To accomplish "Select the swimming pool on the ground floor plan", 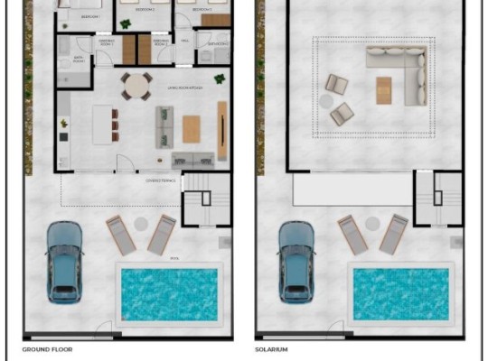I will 168,293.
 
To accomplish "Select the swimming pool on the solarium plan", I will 400,293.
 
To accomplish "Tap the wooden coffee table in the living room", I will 192,128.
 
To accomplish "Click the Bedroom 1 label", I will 89,17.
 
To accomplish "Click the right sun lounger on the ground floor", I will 162,233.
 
